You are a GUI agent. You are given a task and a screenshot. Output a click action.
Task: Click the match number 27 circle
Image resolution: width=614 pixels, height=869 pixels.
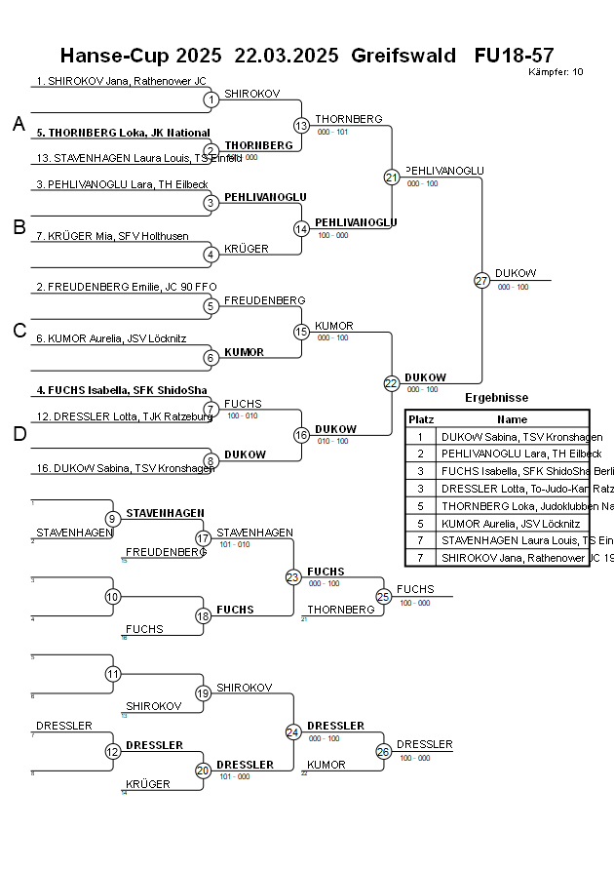click(481, 280)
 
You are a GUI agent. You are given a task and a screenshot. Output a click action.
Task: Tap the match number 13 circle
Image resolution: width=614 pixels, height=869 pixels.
click(301, 125)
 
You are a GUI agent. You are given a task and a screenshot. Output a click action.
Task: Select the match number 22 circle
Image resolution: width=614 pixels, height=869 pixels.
click(392, 383)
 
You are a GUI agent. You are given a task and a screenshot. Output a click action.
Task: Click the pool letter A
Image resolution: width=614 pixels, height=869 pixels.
click(19, 124)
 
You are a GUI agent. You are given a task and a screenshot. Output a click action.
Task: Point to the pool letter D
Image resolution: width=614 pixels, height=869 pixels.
click(19, 434)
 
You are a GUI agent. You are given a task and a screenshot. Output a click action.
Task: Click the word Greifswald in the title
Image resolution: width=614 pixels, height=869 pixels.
click(403, 56)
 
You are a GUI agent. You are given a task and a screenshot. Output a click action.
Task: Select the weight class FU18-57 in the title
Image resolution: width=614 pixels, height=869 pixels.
click(514, 56)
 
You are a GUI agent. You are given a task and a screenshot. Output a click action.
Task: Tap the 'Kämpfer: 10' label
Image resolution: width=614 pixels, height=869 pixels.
click(556, 72)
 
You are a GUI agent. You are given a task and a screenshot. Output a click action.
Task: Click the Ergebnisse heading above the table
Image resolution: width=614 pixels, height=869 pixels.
click(497, 398)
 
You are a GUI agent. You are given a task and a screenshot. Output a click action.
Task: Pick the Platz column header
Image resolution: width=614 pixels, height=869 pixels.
click(421, 419)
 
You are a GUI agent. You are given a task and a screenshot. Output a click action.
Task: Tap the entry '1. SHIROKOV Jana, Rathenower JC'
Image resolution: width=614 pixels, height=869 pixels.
click(121, 81)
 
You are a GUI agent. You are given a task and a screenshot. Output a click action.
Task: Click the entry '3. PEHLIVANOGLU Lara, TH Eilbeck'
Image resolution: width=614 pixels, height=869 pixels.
click(122, 184)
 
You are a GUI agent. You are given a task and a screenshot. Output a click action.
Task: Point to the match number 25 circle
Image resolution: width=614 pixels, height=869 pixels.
click(383, 596)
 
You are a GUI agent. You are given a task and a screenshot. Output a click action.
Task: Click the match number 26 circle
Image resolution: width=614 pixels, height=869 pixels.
click(383, 751)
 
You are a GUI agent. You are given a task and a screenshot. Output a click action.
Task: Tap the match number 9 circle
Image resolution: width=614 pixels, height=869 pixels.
click(112, 519)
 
